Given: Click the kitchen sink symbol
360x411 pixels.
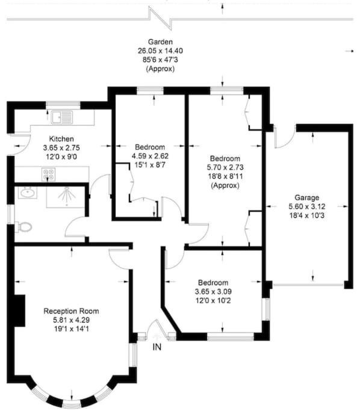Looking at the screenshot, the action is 62,117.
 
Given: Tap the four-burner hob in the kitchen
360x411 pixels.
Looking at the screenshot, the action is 49,175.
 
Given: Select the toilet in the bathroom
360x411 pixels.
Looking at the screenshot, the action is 23,227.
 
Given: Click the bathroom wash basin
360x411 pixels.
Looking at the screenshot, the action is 28,193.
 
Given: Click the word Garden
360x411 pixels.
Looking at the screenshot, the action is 161,42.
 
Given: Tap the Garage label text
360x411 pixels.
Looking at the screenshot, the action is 307,197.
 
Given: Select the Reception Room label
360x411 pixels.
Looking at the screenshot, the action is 71,311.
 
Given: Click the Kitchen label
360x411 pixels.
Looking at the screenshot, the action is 61,138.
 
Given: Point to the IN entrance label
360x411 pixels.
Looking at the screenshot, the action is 157,347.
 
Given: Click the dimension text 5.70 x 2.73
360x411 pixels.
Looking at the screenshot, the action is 225,167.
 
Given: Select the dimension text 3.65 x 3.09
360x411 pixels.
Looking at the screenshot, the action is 213,291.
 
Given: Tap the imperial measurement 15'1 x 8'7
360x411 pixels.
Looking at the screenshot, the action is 150,165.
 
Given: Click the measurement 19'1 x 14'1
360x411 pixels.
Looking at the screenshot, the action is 71,329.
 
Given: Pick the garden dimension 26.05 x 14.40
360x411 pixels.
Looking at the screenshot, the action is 161,51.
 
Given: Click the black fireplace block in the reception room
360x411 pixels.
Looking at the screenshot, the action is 20,311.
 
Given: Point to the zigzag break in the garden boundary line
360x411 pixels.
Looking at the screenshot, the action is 160,18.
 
